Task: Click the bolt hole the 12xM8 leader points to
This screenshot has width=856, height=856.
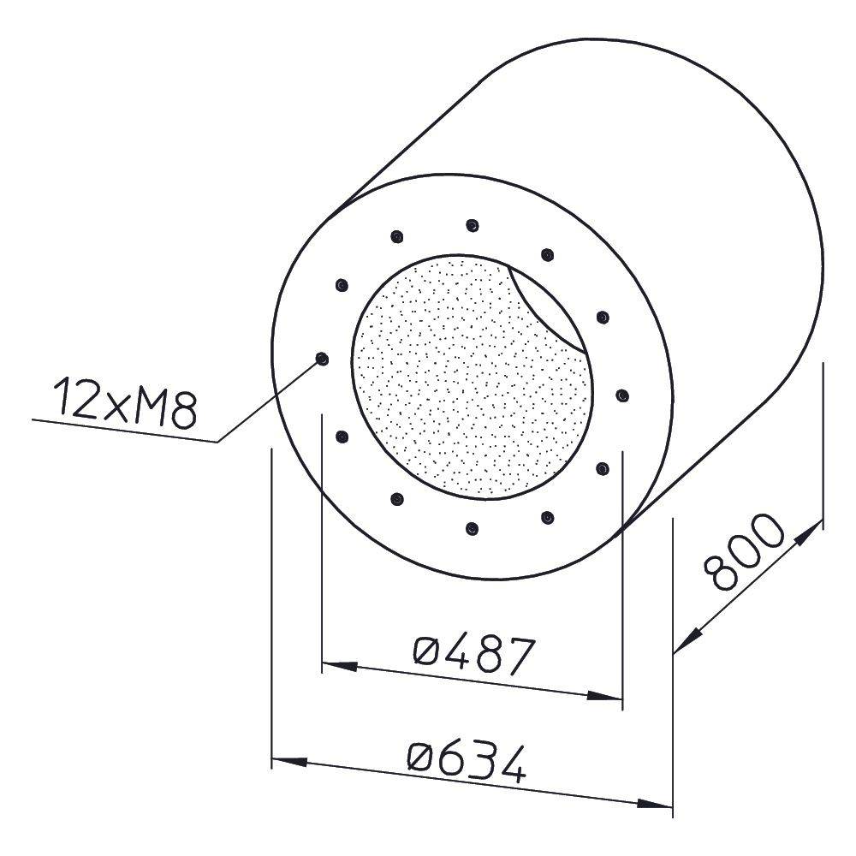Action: (x=322, y=359)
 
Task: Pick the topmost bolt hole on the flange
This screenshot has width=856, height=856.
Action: (x=472, y=225)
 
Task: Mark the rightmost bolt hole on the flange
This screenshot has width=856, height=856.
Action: (x=622, y=395)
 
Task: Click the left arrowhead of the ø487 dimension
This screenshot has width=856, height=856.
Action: (x=336, y=663)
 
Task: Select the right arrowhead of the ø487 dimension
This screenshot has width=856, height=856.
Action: (x=606, y=697)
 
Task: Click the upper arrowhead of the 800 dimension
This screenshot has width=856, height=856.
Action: (x=809, y=532)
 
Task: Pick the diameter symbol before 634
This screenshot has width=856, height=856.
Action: (x=422, y=755)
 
